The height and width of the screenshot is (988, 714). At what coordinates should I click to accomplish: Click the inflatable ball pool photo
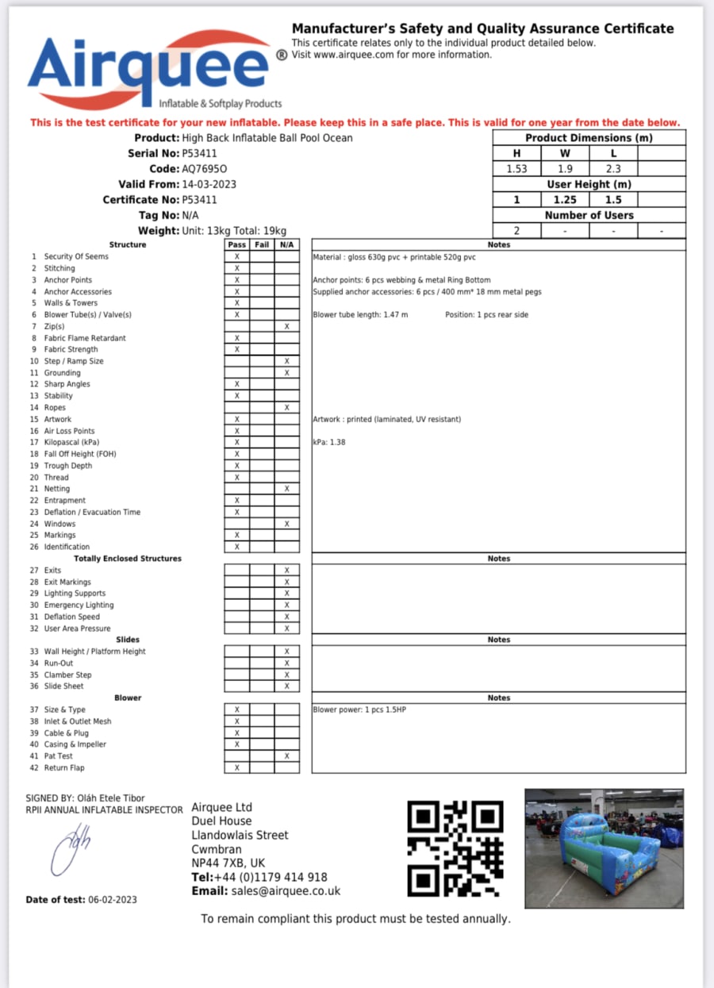[x=604, y=848]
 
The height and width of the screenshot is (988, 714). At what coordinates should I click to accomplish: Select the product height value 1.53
[x=517, y=168]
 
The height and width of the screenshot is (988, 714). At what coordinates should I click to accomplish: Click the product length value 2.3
[x=613, y=168]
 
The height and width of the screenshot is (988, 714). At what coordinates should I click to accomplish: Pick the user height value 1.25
[x=565, y=199]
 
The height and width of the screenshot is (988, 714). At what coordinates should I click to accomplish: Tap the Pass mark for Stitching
[x=236, y=268]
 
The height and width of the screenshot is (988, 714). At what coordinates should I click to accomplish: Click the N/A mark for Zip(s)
[x=286, y=326]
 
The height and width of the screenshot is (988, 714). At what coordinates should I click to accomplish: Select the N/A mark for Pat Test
[x=286, y=756]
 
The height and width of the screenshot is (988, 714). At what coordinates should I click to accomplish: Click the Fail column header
[x=262, y=244]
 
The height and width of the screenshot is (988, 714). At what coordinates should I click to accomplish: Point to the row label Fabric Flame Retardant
[x=85, y=338]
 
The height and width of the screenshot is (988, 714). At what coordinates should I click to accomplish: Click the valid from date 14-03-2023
[x=209, y=184]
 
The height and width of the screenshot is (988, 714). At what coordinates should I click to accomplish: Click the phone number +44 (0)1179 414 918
[x=270, y=877]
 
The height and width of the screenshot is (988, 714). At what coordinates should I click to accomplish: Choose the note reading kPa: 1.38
[x=328, y=442]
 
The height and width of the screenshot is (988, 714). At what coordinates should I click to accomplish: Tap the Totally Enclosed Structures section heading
[x=128, y=559]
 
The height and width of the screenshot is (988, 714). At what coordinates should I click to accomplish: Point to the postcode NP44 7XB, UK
[x=228, y=863]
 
